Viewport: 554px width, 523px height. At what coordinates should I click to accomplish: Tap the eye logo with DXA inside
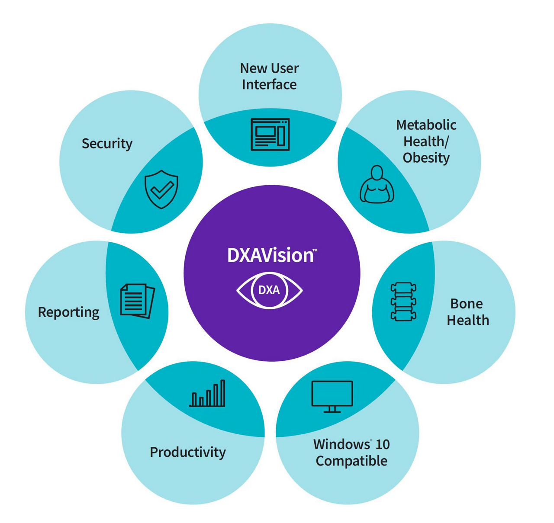click(x=269, y=290)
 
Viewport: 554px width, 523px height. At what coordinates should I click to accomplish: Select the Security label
click(x=107, y=144)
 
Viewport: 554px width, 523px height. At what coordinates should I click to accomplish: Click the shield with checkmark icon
click(x=161, y=189)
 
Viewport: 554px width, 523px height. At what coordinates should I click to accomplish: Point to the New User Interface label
click(x=269, y=76)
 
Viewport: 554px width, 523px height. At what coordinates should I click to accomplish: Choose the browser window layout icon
click(x=270, y=135)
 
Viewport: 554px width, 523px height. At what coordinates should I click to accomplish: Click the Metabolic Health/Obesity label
click(x=426, y=141)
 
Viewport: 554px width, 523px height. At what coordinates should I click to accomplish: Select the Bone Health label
click(x=467, y=311)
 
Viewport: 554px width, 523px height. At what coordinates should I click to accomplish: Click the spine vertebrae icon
click(x=403, y=302)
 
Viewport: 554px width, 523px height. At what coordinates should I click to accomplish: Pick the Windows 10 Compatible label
click(x=351, y=452)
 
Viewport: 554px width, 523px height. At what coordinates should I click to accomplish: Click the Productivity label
click(x=187, y=452)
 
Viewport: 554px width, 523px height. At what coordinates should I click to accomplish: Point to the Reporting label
click(x=68, y=312)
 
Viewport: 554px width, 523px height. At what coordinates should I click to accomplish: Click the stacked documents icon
click(x=137, y=301)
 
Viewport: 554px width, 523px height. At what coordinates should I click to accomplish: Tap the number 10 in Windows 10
click(x=382, y=444)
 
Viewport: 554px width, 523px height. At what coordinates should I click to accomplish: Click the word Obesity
click(x=426, y=157)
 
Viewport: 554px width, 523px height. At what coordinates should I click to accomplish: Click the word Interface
click(x=269, y=84)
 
